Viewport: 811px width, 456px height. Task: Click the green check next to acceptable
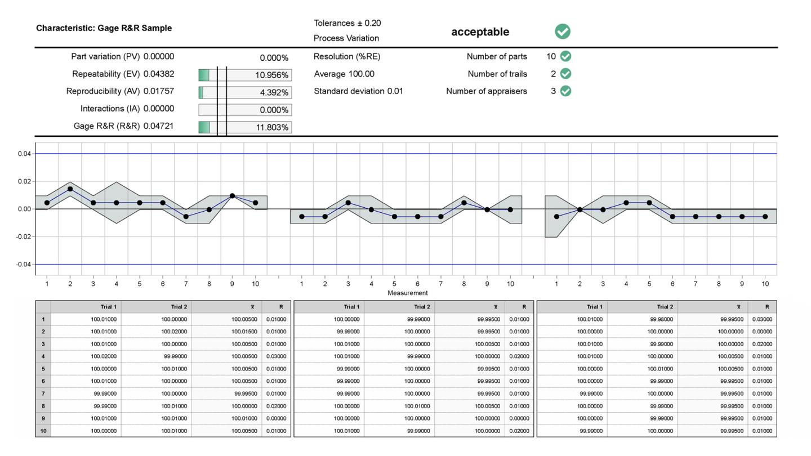click(x=562, y=32)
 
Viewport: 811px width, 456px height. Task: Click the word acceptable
click(x=480, y=32)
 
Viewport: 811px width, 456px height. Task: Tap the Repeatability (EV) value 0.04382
click(x=159, y=74)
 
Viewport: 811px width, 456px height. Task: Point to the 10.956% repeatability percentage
click(x=272, y=75)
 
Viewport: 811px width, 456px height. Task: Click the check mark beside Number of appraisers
click(x=565, y=91)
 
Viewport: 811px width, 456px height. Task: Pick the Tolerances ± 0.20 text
click(x=347, y=23)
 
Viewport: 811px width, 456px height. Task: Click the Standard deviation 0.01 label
click(x=358, y=91)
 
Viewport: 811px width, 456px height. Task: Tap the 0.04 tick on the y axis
click(x=24, y=154)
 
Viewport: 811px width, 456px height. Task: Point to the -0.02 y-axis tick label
click(x=23, y=236)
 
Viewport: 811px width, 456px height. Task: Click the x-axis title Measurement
click(x=407, y=293)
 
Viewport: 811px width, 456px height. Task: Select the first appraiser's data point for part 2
click(x=70, y=189)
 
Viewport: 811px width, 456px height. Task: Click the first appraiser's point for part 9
click(x=232, y=196)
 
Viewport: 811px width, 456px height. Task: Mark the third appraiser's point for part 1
click(x=556, y=217)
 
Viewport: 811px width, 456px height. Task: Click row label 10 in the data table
click(x=43, y=431)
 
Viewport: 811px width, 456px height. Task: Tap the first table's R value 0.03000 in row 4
click(x=276, y=356)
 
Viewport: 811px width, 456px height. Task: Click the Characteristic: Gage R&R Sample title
click(x=104, y=28)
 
